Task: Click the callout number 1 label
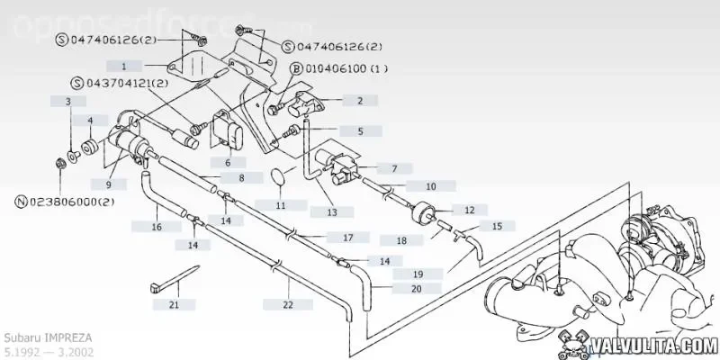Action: [x=125, y=66]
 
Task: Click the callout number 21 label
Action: [x=175, y=304]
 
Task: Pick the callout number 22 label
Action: [x=287, y=305]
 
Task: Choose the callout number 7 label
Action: [x=393, y=168]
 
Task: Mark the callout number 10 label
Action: [x=430, y=186]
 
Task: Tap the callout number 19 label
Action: [x=418, y=274]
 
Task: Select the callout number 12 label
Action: [x=469, y=210]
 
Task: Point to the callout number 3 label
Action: [x=67, y=102]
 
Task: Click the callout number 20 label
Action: [x=415, y=289]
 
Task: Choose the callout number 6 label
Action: [x=228, y=162]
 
